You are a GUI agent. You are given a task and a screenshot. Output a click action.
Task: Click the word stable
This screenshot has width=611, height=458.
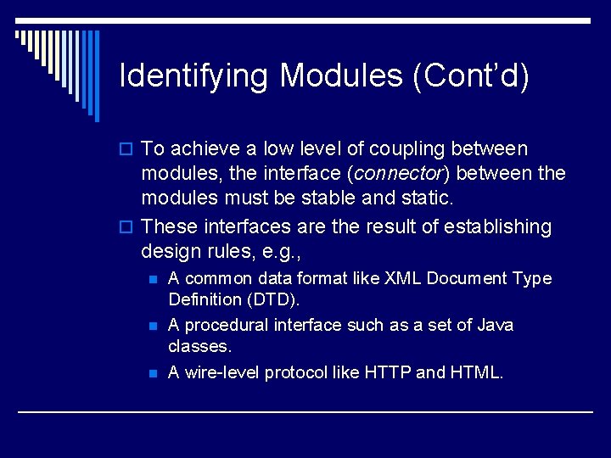(353, 198)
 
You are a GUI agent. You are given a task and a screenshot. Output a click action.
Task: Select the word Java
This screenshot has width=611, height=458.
(495, 325)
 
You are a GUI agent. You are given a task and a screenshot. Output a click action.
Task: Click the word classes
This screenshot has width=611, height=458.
(199, 346)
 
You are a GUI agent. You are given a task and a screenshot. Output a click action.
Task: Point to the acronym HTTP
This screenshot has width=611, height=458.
(389, 372)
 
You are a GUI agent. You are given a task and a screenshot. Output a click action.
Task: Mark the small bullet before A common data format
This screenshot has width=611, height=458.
(153, 279)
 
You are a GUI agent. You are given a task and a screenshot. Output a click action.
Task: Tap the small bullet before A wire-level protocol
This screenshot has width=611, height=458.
(153, 373)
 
